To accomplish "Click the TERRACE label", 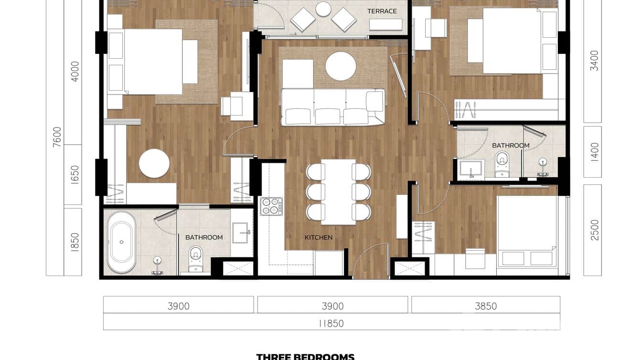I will [382, 11].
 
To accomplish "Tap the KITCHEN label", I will [319, 237].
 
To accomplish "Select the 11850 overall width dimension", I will [331, 323].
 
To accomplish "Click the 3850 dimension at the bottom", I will [485, 306].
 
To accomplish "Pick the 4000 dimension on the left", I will [75, 71].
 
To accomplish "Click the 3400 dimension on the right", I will [594, 61].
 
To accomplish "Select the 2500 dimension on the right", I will [594, 230].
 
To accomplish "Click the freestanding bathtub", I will [121, 242].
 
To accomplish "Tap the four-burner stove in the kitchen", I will [271, 207].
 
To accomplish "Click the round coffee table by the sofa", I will [341, 66].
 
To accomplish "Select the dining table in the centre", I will [338, 191].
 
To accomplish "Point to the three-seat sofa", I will [333, 107].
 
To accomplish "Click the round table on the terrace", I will [323, 9].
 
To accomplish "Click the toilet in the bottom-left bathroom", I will [196, 258].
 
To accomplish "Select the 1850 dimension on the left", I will [75, 242].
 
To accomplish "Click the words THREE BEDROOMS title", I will [305, 356].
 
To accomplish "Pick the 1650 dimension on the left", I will [75, 175].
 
